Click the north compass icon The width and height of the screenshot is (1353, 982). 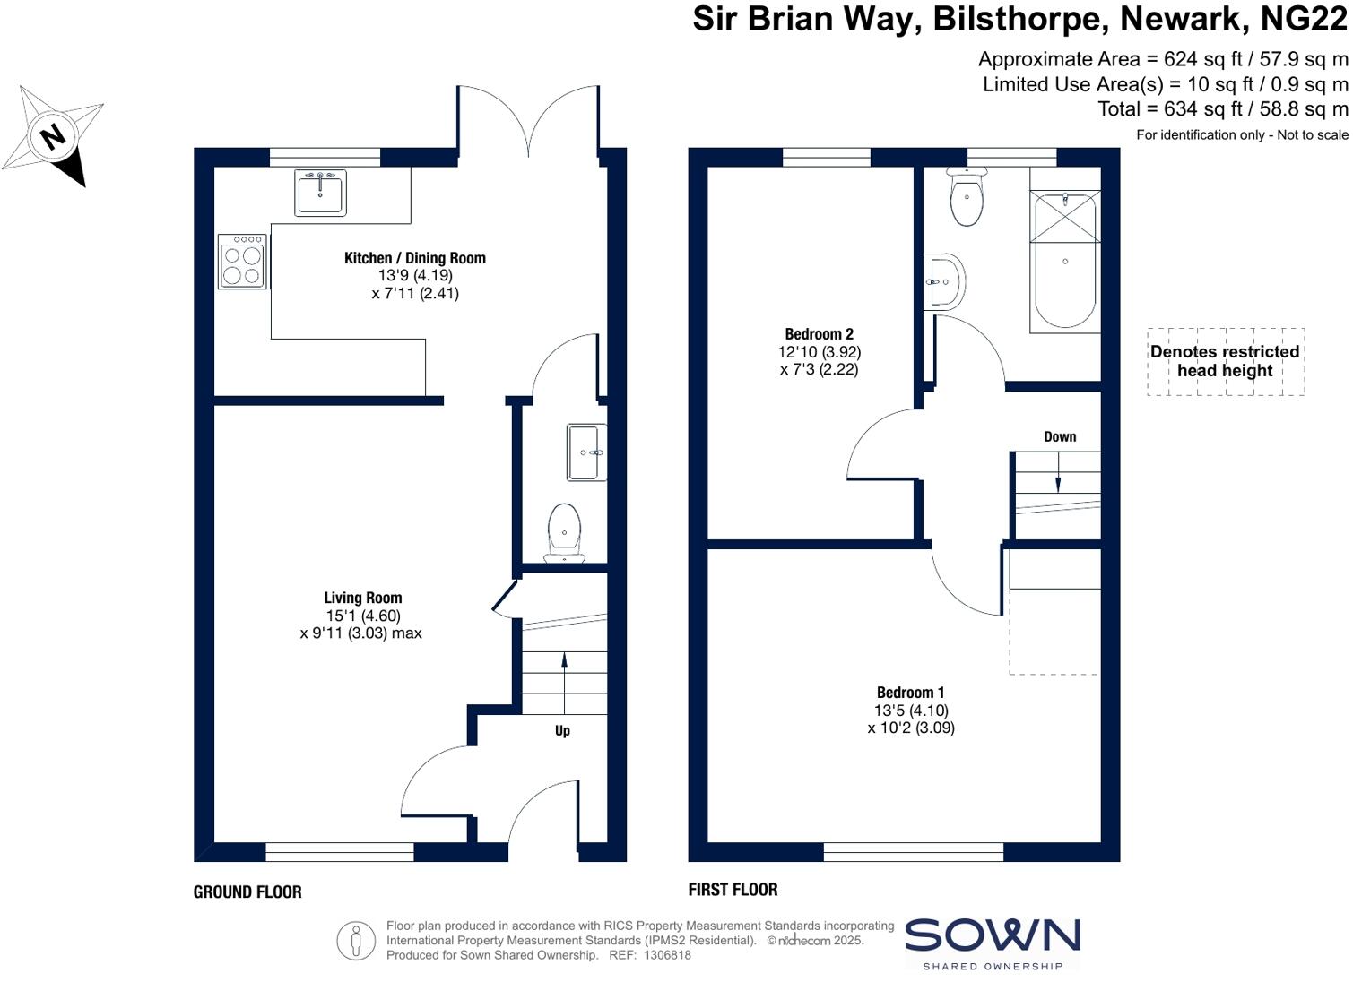coord(54,136)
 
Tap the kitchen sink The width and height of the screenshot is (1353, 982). coord(319,193)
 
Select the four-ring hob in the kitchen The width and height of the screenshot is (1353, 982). coord(242,262)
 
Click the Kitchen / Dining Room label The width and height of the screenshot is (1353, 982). coord(415,258)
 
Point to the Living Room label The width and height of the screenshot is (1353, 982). coord(363,598)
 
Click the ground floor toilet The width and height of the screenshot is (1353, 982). coord(564,530)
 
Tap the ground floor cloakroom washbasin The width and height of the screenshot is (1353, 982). coord(586,452)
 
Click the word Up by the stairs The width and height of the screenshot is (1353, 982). coord(562,730)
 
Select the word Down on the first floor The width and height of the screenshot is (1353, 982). coord(1060,436)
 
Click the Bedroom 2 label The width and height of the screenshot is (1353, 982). coord(820,334)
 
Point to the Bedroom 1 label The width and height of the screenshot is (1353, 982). coord(910,692)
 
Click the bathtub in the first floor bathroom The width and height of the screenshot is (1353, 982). coord(1065,262)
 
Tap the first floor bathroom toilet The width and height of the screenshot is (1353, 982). coord(967,199)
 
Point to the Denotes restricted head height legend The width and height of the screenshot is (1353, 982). coord(1225,361)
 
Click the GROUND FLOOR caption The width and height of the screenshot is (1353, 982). coord(247,892)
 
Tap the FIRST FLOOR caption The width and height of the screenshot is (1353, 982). coord(733,889)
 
